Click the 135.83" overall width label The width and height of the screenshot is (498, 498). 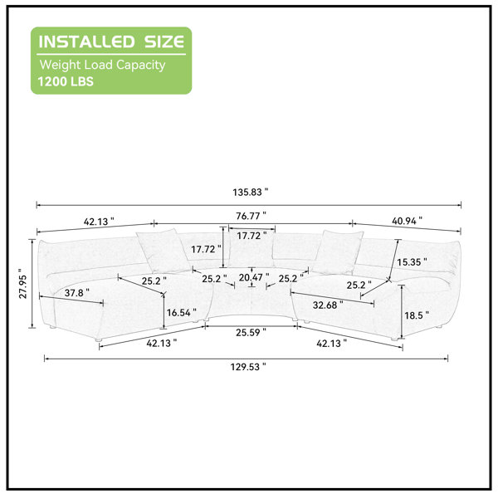(x=251, y=193)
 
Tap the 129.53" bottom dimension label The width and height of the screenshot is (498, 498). (x=248, y=367)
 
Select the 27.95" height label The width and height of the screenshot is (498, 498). (x=23, y=283)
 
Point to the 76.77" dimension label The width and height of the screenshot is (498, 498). (x=251, y=216)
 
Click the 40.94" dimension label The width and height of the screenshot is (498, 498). (x=407, y=221)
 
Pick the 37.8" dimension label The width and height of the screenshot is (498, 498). (x=77, y=292)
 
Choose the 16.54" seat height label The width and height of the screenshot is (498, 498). (x=181, y=313)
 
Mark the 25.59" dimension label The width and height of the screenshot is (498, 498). (x=251, y=333)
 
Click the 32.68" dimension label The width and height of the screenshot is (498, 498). (x=328, y=305)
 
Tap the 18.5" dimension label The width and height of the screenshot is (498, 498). (x=417, y=315)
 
